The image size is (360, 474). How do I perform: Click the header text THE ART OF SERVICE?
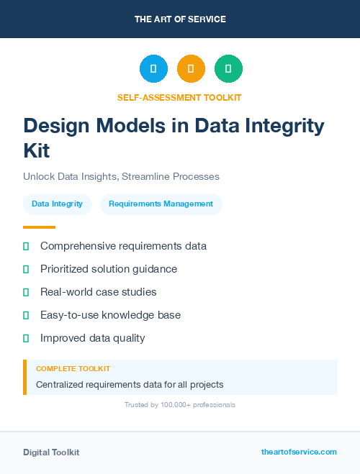click(180, 19)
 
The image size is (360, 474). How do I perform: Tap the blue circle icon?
click(153, 69)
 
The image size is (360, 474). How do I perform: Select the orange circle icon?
click(191, 69)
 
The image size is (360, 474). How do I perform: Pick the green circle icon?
click(228, 69)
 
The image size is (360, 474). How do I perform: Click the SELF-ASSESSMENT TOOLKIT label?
click(179, 97)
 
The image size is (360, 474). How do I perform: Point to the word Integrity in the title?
click(286, 126)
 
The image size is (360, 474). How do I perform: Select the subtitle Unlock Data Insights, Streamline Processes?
click(121, 176)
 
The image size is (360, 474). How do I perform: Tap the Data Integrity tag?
click(58, 204)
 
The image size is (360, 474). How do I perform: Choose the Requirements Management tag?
click(161, 204)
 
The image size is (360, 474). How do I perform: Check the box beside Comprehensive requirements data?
click(26, 247)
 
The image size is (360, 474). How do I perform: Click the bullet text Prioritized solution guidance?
click(109, 269)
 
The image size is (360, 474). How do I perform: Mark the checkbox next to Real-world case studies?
click(26, 292)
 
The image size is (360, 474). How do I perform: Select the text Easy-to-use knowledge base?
click(110, 315)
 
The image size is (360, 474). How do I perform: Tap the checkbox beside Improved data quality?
click(26, 338)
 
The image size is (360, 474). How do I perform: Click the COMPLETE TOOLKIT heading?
click(73, 368)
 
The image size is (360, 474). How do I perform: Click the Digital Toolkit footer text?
click(51, 452)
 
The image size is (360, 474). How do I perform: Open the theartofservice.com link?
click(299, 452)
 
